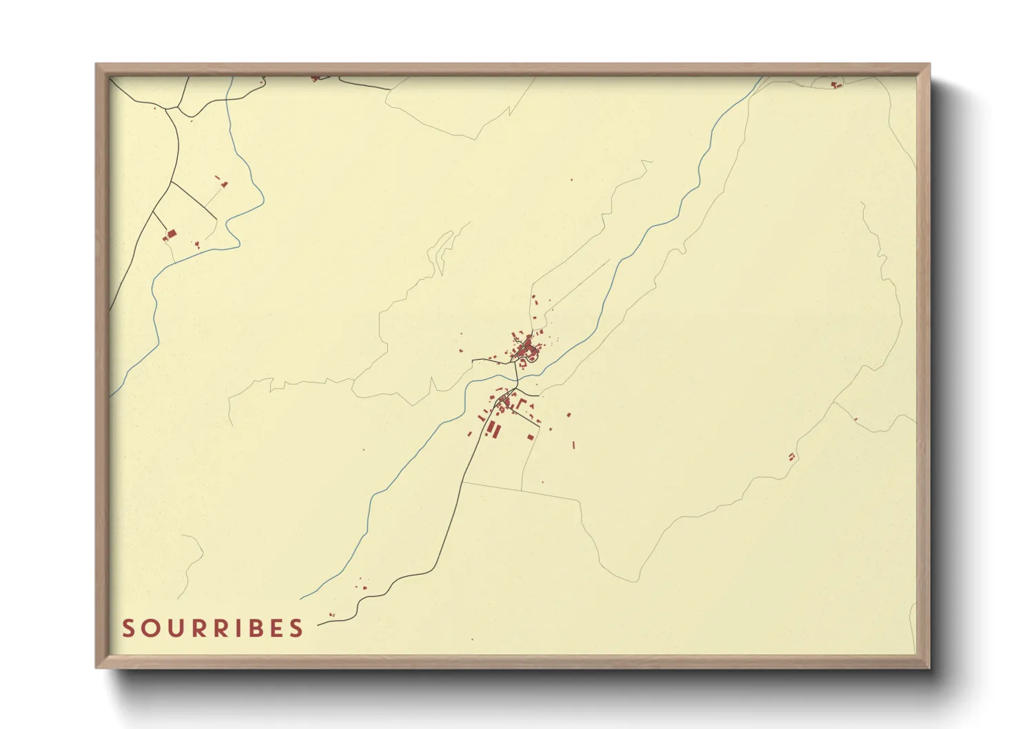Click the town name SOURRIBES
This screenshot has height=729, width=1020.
[212, 628]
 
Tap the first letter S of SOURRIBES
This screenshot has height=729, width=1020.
[129, 628]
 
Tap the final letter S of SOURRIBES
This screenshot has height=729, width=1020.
[296, 628]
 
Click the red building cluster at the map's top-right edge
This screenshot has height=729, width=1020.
[837, 85]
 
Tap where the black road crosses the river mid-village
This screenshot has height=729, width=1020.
[518, 378]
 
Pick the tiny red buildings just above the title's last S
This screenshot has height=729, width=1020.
[331, 614]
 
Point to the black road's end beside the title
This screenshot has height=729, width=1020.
[318, 625]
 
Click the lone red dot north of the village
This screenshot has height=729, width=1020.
[571, 180]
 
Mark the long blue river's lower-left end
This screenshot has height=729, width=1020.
[302, 598]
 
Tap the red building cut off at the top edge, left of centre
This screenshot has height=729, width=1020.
[315, 79]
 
